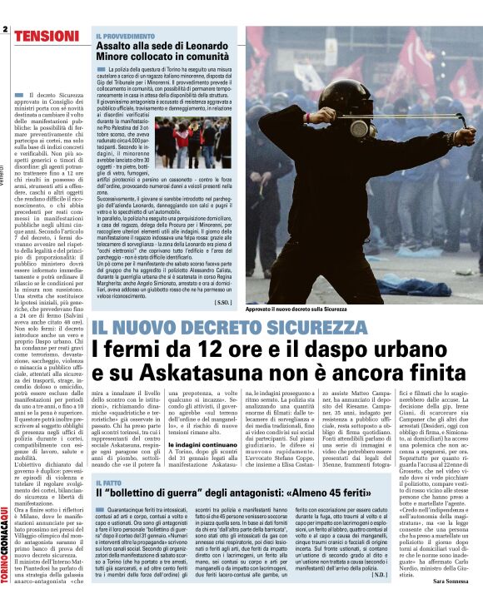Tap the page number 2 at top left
(5, 31)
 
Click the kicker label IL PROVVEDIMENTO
(125, 37)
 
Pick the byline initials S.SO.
(222, 303)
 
